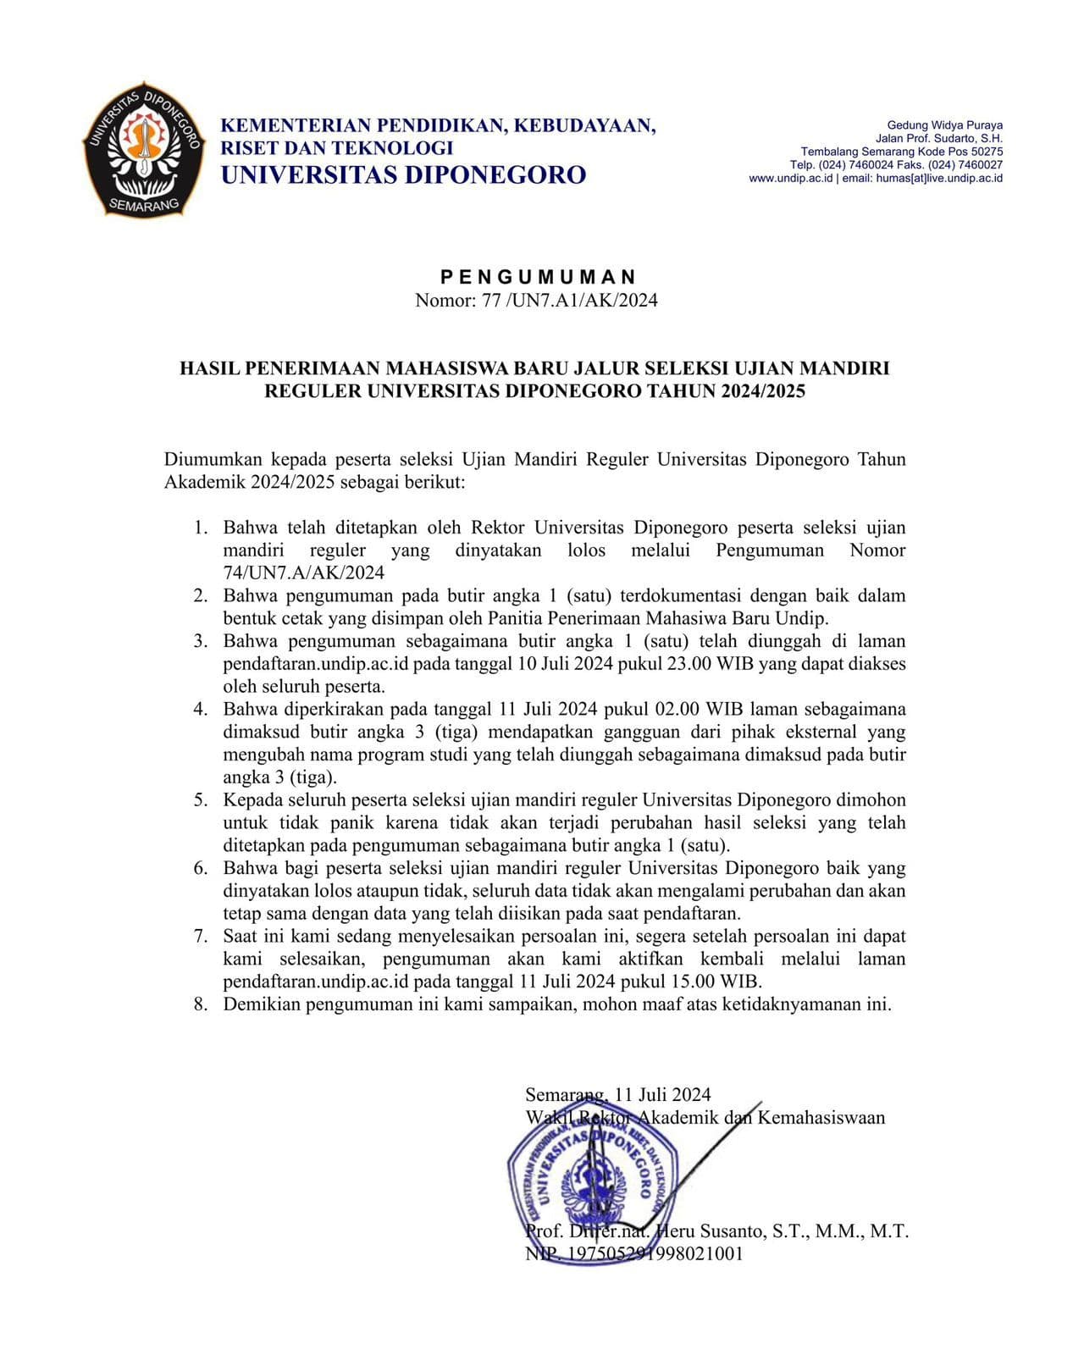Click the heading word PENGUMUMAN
click(538, 277)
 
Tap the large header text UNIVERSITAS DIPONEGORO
click(403, 175)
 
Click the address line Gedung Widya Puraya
click(944, 125)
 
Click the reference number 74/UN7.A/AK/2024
click(303, 573)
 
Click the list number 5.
click(201, 800)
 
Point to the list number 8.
click(201, 1005)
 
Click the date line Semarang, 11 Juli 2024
click(617, 1095)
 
